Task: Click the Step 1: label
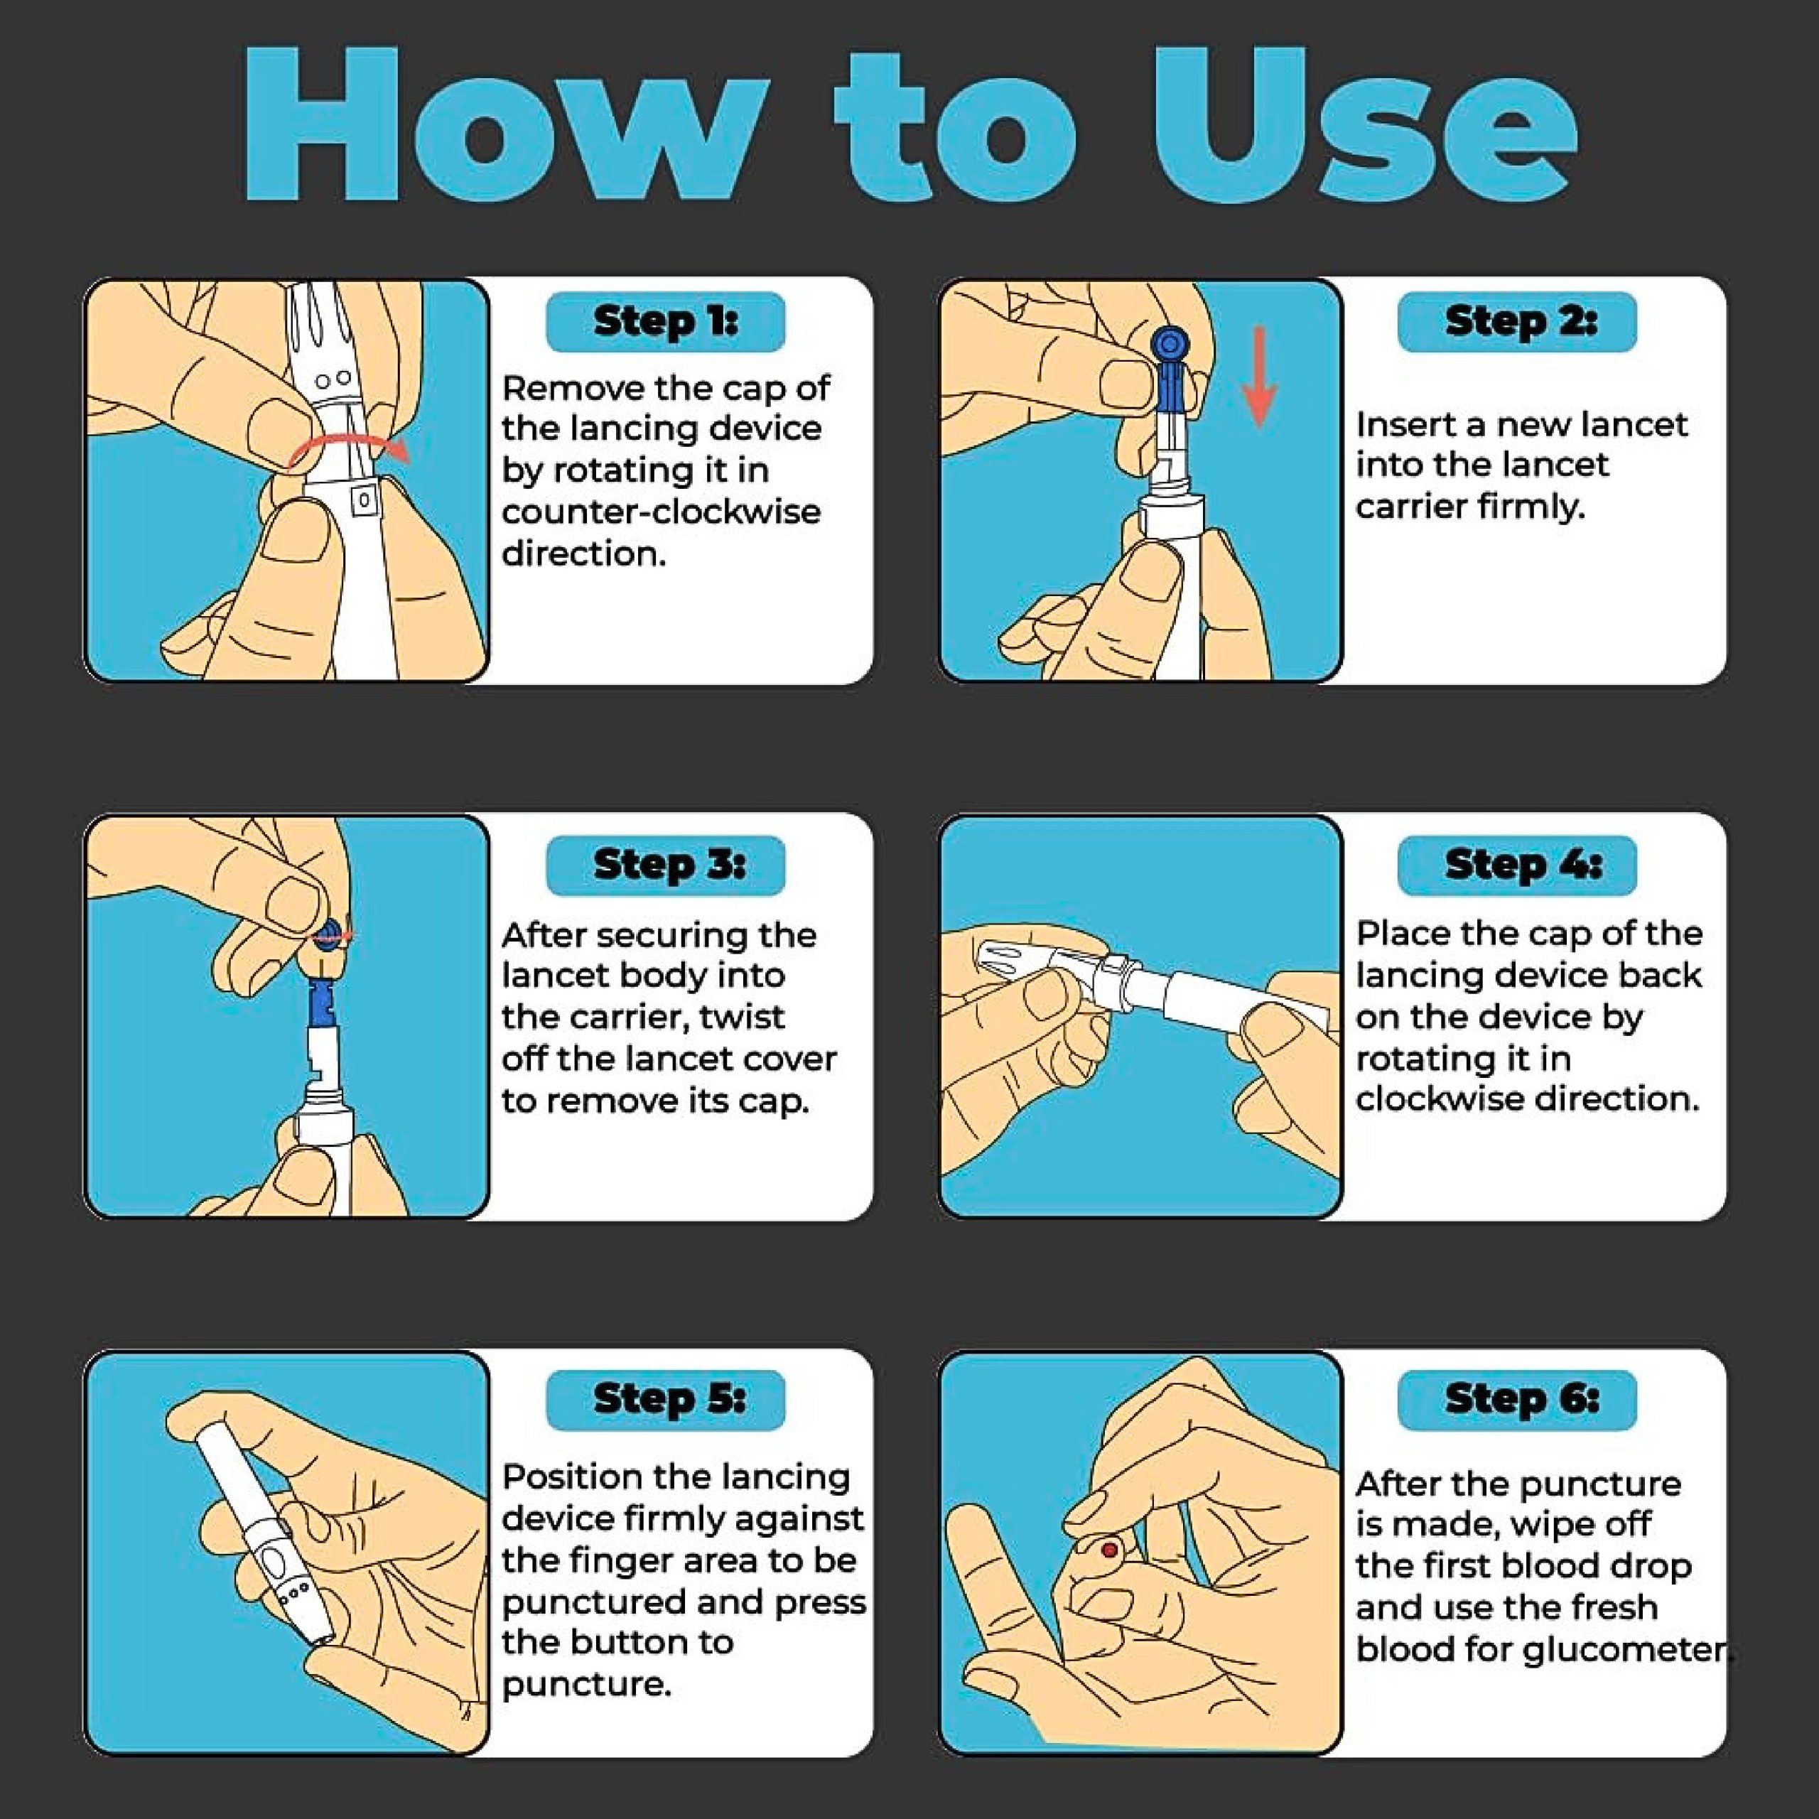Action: [x=666, y=322]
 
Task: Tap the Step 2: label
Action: [x=1517, y=322]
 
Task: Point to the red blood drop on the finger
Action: [x=1109, y=1550]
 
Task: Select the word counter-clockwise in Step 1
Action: [x=661, y=512]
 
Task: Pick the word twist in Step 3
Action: [x=742, y=1017]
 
